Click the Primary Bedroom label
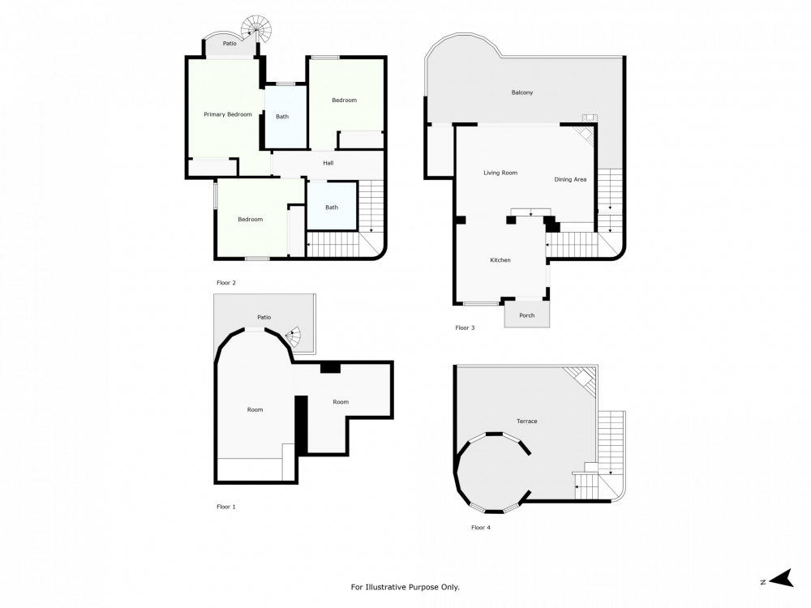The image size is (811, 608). pyautogui.click(x=227, y=114)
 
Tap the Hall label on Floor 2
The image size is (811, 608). pyautogui.click(x=328, y=163)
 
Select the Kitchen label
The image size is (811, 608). pyautogui.click(x=500, y=260)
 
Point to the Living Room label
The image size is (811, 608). pyautogui.click(x=500, y=173)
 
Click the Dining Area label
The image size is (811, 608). pyautogui.click(x=570, y=179)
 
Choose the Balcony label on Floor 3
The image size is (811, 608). pyautogui.click(x=522, y=92)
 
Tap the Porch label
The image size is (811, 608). pyautogui.click(x=526, y=315)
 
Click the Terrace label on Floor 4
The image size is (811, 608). pyautogui.click(x=527, y=421)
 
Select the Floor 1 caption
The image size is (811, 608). pyautogui.click(x=225, y=507)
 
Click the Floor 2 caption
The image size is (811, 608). pyautogui.click(x=225, y=283)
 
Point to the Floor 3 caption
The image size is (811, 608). pyautogui.click(x=465, y=328)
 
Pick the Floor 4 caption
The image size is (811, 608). pyautogui.click(x=481, y=528)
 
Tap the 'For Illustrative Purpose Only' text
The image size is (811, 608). pyautogui.click(x=410, y=587)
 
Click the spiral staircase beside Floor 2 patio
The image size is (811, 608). pyautogui.click(x=261, y=30)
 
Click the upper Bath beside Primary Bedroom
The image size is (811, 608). pyautogui.click(x=282, y=117)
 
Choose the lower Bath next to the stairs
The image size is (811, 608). pyautogui.click(x=332, y=208)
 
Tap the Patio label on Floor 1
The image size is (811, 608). pyautogui.click(x=264, y=317)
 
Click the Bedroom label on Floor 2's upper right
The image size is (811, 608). pyautogui.click(x=344, y=100)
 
